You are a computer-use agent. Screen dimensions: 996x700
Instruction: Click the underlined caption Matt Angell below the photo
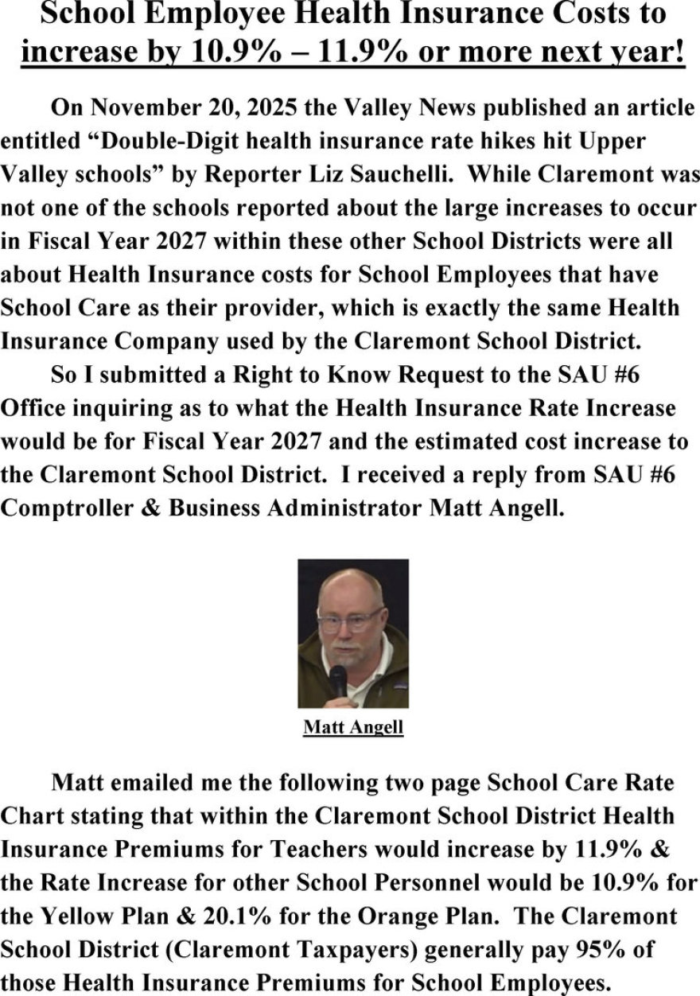(x=353, y=727)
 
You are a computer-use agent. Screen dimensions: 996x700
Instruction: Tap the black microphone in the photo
(x=338, y=681)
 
